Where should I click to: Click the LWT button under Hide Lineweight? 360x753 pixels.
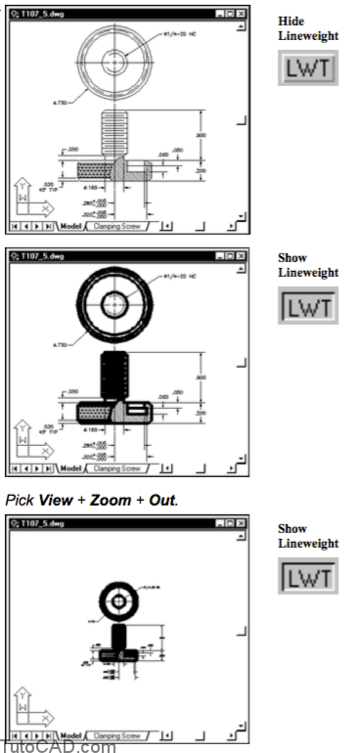[308, 70]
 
